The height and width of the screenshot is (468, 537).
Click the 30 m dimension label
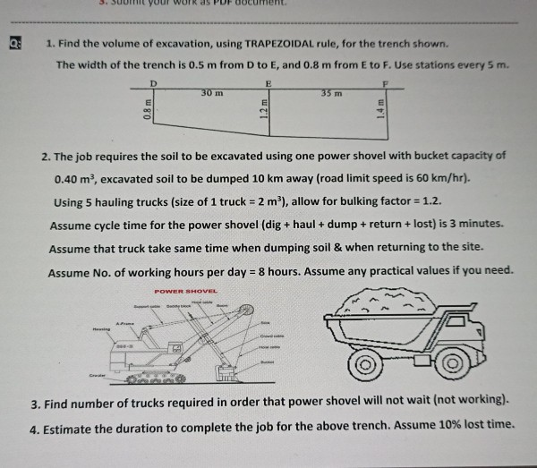(x=211, y=92)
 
